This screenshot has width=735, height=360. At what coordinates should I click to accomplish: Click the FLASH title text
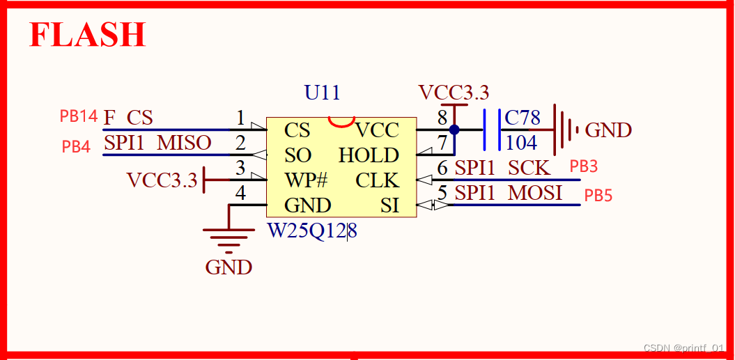coord(87,35)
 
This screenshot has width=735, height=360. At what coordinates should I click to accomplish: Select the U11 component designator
coord(323,93)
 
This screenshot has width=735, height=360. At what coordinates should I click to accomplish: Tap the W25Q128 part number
coord(313,230)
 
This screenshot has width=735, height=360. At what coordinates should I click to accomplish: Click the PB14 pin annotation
coord(78,116)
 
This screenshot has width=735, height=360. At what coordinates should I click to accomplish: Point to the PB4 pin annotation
coord(76,147)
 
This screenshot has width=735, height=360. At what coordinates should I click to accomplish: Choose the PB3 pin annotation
coord(584,166)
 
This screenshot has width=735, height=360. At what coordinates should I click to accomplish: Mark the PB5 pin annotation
coord(598,196)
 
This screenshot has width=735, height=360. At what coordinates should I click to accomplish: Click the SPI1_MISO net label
coord(157,143)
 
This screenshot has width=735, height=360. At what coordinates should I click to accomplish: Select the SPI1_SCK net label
coord(502,168)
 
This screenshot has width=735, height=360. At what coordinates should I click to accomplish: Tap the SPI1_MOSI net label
coord(508,193)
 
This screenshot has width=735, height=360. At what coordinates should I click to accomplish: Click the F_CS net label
coord(128,118)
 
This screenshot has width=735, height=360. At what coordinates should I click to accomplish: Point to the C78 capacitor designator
coord(522,118)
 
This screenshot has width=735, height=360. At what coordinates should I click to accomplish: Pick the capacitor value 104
coord(521,143)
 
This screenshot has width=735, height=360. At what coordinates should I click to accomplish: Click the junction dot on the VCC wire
coord(454,130)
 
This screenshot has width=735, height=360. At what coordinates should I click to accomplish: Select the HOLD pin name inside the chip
coord(369,155)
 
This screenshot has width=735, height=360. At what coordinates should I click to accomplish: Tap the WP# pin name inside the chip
coord(306,180)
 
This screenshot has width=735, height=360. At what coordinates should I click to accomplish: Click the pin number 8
coord(442,118)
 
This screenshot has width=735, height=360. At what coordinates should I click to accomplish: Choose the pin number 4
coord(240,193)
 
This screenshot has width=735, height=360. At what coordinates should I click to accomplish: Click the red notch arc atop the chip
coord(341,123)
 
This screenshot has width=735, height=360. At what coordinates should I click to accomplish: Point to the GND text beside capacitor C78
coord(608,130)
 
